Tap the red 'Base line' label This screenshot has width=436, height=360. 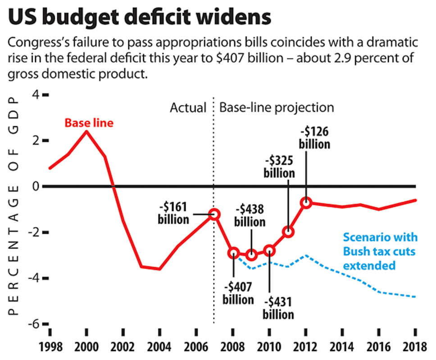pyautogui.click(x=89, y=122)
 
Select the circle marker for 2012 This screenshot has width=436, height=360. pyautogui.click(x=306, y=202)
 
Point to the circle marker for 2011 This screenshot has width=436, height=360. pyautogui.click(x=288, y=232)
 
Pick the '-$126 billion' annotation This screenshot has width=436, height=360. pyautogui.click(x=315, y=138)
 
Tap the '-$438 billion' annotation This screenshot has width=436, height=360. pyautogui.click(x=250, y=216)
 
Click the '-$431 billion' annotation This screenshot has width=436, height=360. pyautogui.click(x=279, y=307)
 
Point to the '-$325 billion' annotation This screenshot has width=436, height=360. pyautogui.click(x=279, y=166)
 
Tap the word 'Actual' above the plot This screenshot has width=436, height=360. pyautogui.click(x=188, y=108)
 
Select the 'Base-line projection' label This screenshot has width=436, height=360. pyautogui.click(x=276, y=108)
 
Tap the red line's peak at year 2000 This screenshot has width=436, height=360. pyautogui.click(x=86, y=131)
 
